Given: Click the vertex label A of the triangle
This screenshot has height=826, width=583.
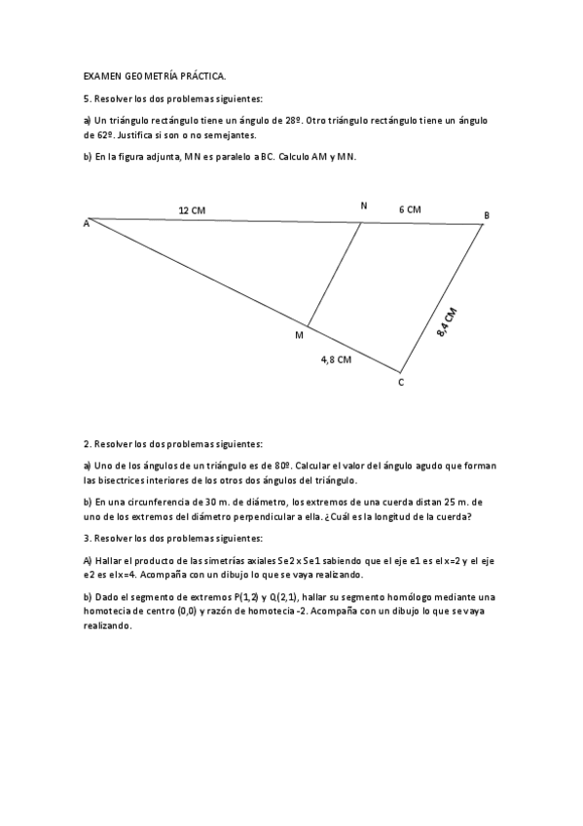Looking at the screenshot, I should click(87, 224).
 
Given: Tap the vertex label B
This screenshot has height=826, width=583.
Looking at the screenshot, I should click(487, 214).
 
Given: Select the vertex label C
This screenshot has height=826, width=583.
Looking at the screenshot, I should click(400, 383).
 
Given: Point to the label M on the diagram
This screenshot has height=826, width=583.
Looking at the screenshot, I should click(299, 335).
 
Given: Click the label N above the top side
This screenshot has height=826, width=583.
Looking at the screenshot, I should click(364, 206).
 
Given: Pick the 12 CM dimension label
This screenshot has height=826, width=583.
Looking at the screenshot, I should click(192, 209).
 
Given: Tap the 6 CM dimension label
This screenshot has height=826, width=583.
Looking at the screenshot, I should click(410, 209).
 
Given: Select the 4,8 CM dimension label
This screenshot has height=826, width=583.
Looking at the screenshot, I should click(336, 359).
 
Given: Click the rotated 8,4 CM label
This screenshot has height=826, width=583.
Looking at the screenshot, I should click(447, 322).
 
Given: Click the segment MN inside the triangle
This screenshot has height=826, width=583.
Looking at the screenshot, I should click(335, 275).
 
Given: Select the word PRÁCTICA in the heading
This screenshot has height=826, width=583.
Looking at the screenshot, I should click(201, 74).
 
